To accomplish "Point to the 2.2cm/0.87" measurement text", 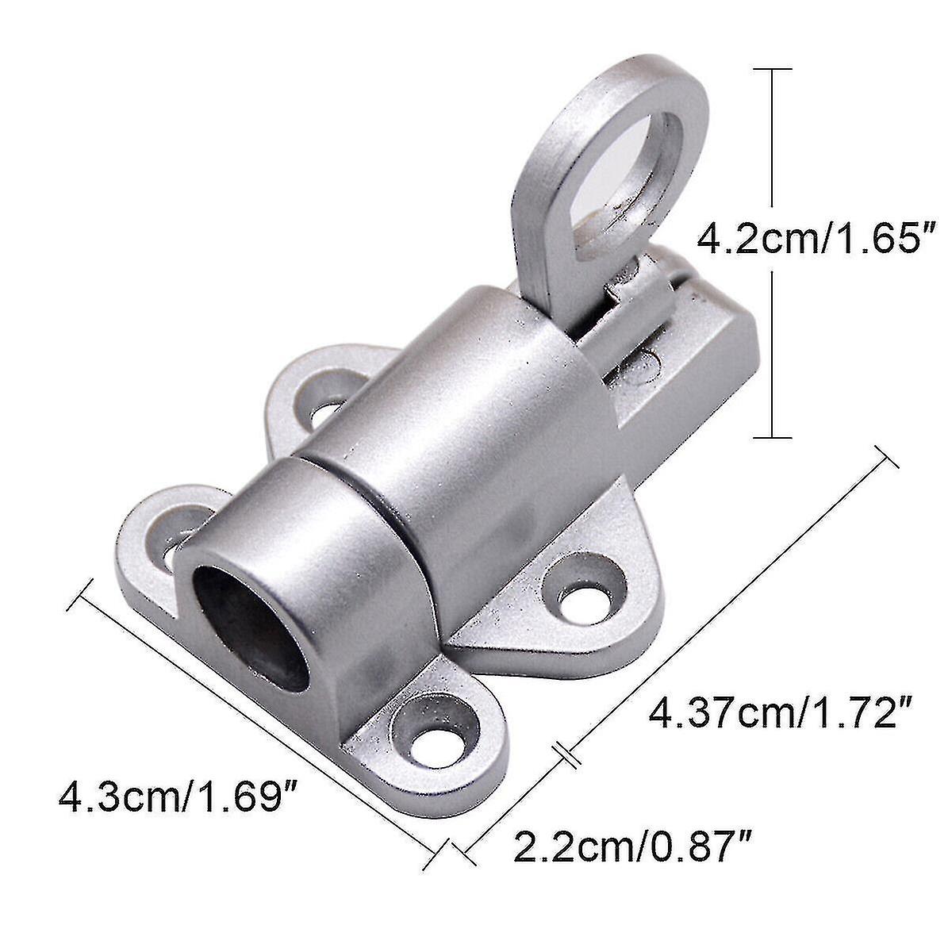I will pyautogui.click(x=631, y=846).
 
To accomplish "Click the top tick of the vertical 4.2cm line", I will pyautogui.click(x=772, y=70).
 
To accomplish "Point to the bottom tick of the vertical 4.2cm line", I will pyautogui.click(x=772, y=436).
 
